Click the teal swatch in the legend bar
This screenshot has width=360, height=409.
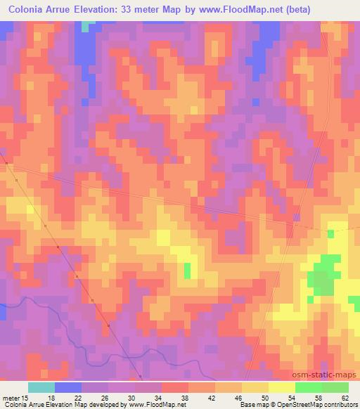[41, 387]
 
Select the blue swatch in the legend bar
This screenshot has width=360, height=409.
[68, 387]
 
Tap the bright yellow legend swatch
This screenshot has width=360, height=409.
[282, 387]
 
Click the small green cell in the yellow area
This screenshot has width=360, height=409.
[188, 271]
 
